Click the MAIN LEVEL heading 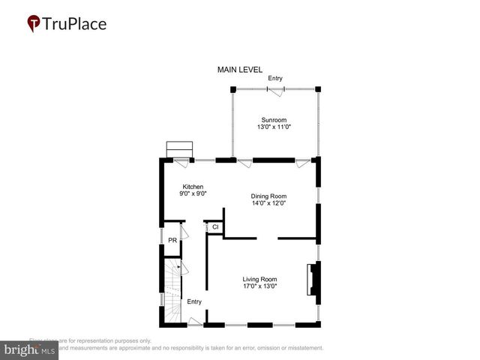[x=240, y=70]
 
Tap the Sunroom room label [x=274, y=120]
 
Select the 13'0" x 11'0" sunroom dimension [x=274, y=127]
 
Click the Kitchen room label [x=193, y=187]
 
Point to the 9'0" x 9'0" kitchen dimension [x=193, y=194]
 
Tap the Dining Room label [x=268, y=196]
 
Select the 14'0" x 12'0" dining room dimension [x=268, y=204]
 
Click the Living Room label [x=259, y=279]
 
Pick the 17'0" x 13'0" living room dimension [x=259, y=286]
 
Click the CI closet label [x=214, y=227]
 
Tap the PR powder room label [x=172, y=241]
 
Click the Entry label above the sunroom [x=275, y=78]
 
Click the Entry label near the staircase [x=194, y=301]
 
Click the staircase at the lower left [x=170, y=296]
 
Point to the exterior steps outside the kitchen [x=180, y=149]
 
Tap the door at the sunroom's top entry [x=276, y=90]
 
